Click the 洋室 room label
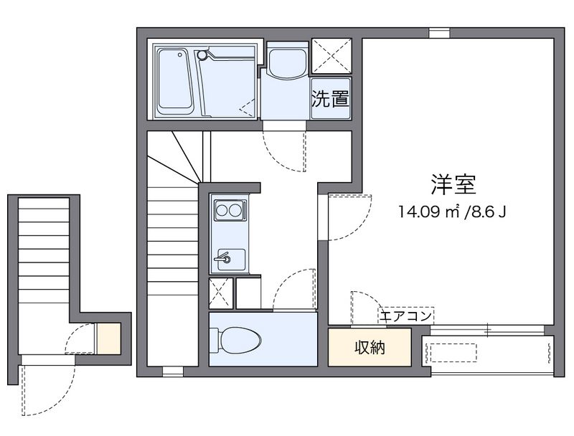[x=453, y=185]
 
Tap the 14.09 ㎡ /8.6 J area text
[x=453, y=212]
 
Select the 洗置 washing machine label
[x=330, y=98]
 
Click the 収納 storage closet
[x=370, y=347]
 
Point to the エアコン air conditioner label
[x=405, y=316]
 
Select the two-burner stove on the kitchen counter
[x=229, y=210]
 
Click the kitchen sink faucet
[x=222, y=257]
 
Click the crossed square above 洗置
[x=331, y=56]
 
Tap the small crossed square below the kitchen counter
[x=221, y=293]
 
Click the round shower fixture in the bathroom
[x=202, y=55]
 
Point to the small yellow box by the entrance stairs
[x=108, y=338]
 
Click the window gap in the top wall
[x=439, y=33]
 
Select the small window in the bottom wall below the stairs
[x=173, y=371]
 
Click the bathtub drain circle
[x=180, y=55]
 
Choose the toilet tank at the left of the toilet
[x=214, y=341]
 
